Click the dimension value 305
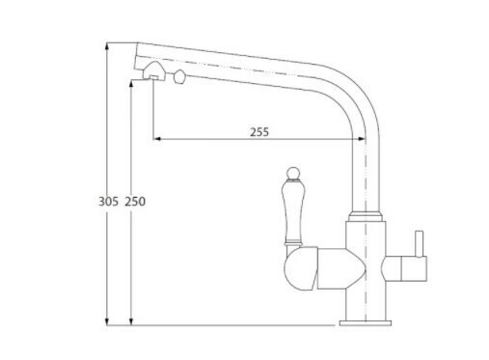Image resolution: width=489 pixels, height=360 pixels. (x=108, y=202)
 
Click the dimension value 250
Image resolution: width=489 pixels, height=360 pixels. (x=135, y=202)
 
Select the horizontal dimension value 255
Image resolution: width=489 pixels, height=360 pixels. (x=259, y=132)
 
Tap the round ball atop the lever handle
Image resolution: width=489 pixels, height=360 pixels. (x=292, y=173)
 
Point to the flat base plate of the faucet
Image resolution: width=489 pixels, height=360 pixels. (x=366, y=323)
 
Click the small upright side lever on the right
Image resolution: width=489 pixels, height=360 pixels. (x=420, y=243)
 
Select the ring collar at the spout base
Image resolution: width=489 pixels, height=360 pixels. (x=366, y=216)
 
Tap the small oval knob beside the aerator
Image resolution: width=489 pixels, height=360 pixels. (x=179, y=77)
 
